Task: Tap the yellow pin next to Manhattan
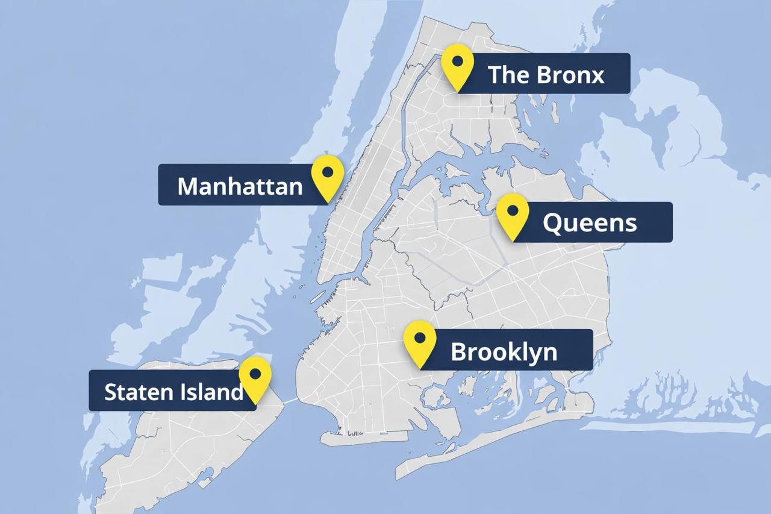pyautogui.click(x=328, y=177)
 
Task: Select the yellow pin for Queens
pyautogui.click(x=513, y=216)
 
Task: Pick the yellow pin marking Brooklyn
pyautogui.click(x=420, y=343)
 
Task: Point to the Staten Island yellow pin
pyautogui.click(x=255, y=378)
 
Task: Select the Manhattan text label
pyautogui.click(x=240, y=186)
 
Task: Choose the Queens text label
pyautogui.click(x=589, y=223)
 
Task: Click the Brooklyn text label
pyautogui.click(x=504, y=352)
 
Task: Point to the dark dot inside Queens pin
pyautogui.click(x=513, y=210)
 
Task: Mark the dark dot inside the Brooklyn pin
pyautogui.click(x=420, y=337)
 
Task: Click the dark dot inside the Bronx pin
pyautogui.click(x=457, y=61)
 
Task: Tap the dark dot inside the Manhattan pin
pyautogui.click(x=328, y=172)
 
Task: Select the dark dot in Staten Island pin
pyautogui.click(x=255, y=374)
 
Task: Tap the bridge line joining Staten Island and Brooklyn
pyautogui.click(x=291, y=400)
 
